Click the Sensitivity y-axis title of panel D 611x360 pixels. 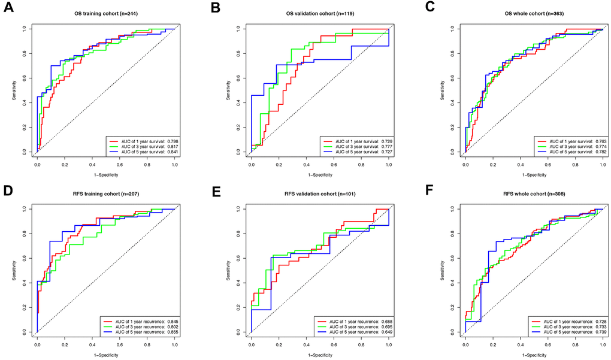[14, 270]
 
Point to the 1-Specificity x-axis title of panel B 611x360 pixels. [319, 174]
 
